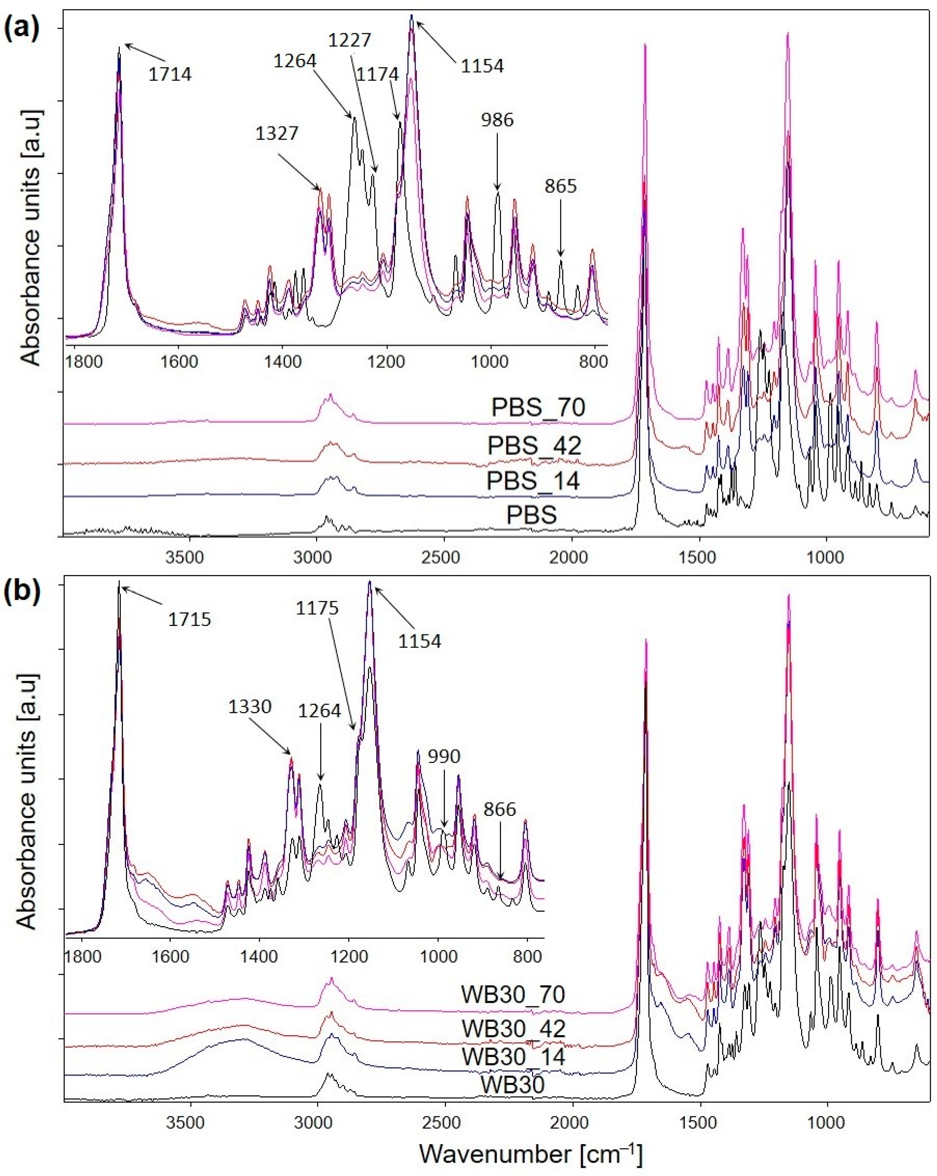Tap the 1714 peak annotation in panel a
[x=170, y=74]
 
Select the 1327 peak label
[x=277, y=133]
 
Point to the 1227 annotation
[x=349, y=40]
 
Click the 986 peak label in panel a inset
[x=497, y=119]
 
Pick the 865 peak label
[x=561, y=186]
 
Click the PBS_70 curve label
[x=538, y=407]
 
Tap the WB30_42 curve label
[x=513, y=1029]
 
